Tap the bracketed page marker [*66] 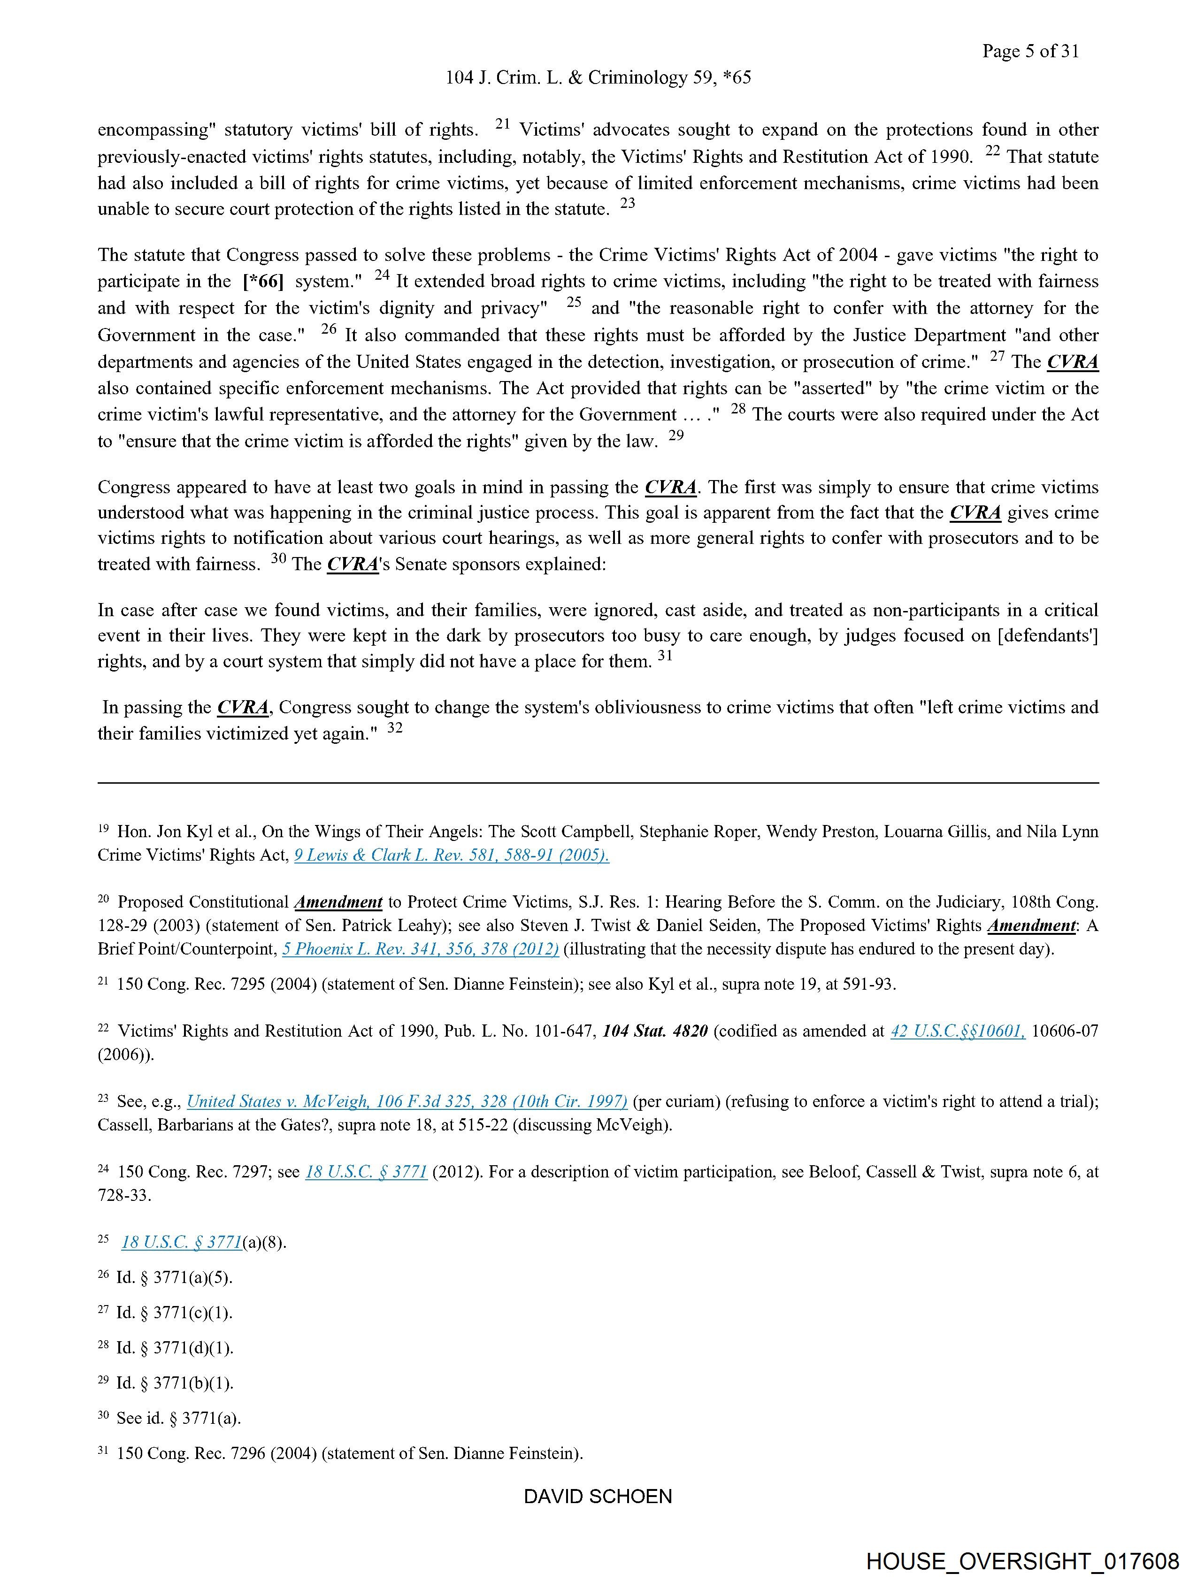[263, 282]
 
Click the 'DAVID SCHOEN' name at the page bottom [598, 1496]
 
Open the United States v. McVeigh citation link [407, 1101]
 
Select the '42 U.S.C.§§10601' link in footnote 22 [958, 1031]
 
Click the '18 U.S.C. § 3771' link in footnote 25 [182, 1242]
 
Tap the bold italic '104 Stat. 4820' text [655, 1031]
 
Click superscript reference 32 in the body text [395, 729]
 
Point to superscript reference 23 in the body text [627, 203]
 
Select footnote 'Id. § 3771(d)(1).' [175, 1348]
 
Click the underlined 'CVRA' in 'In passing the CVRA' [243, 708]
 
